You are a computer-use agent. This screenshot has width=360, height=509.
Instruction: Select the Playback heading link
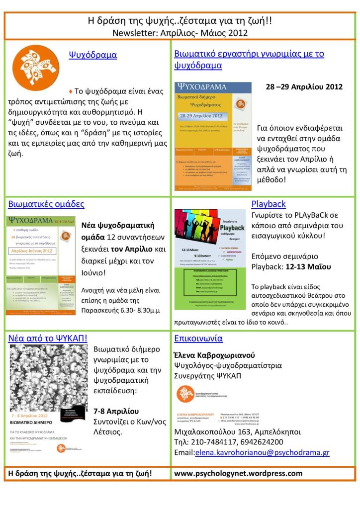[x=269, y=204]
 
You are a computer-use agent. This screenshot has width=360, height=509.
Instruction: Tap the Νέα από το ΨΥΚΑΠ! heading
[x=48, y=339]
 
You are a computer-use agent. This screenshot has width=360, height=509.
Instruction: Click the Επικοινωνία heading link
[x=198, y=339]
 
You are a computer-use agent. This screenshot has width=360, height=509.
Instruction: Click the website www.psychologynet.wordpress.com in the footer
[x=238, y=473]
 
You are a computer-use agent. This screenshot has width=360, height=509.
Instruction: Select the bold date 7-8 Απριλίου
[x=116, y=411]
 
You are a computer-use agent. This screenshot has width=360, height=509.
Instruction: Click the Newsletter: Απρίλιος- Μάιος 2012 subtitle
[x=180, y=33]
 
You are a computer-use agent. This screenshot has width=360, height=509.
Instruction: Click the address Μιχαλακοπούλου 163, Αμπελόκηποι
[x=237, y=431]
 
